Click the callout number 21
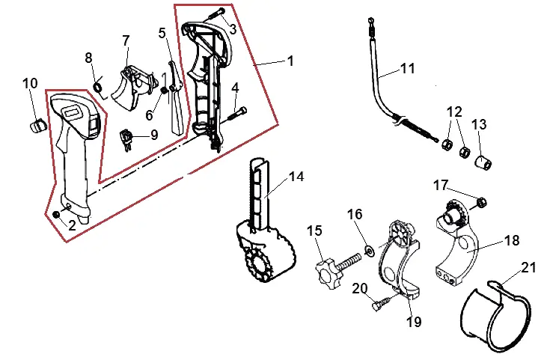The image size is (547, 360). pyautogui.click(x=528, y=268)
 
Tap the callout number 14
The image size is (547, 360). pyautogui.click(x=296, y=177)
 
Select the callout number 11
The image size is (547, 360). pyautogui.click(x=408, y=68)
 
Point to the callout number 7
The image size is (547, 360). pyautogui.click(x=126, y=40)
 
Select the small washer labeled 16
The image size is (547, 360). pyautogui.click(x=369, y=251)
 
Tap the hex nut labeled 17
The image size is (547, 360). pyautogui.click(x=481, y=202)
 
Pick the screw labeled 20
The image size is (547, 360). pyautogui.click(x=382, y=303)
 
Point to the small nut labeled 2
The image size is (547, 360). pyautogui.click(x=55, y=214)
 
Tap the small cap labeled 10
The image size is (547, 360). pyautogui.click(x=37, y=126)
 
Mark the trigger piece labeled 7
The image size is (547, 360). pyautogui.click(x=132, y=88)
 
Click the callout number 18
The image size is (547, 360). pyautogui.click(x=512, y=240)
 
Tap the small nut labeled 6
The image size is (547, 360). pyautogui.click(x=163, y=90)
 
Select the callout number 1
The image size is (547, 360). pyautogui.click(x=290, y=61)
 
